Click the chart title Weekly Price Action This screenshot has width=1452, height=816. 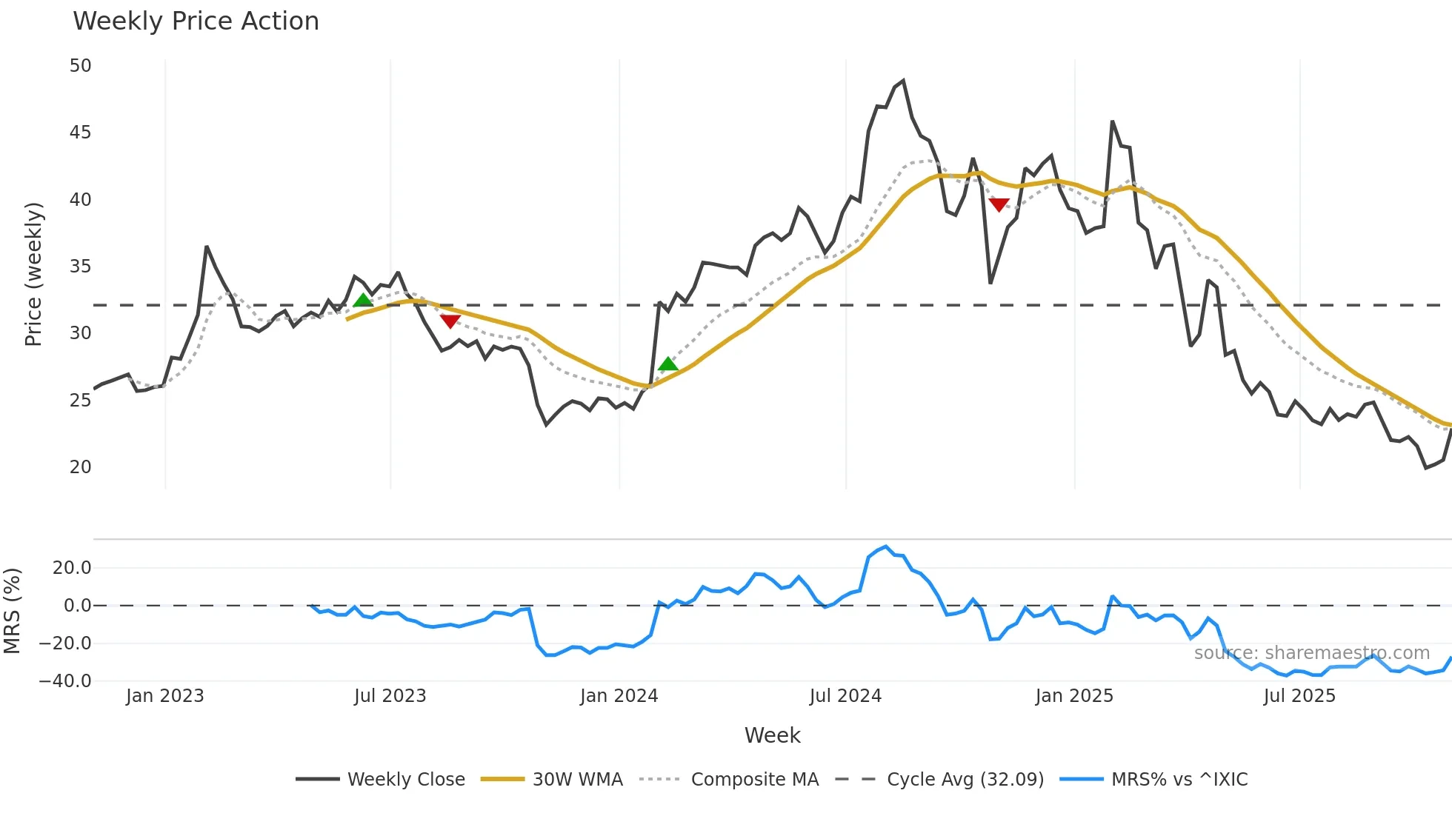tap(196, 21)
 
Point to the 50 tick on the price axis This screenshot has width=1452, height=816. tap(80, 66)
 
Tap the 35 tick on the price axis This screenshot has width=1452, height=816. tap(80, 267)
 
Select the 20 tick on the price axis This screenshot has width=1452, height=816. tap(80, 467)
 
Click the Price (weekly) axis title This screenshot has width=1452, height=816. tap(33, 274)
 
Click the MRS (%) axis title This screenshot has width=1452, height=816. tap(12, 611)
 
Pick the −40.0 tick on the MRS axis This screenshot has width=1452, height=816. tap(64, 681)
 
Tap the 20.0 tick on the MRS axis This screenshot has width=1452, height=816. tap(72, 568)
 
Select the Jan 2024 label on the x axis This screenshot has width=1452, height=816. tap(619, 696)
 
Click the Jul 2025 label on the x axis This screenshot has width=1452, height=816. tap(1299, 696)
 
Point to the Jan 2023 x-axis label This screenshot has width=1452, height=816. tap(164, 696)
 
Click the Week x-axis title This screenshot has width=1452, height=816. tap(772, 735)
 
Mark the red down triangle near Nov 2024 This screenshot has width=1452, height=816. tap(999, 204)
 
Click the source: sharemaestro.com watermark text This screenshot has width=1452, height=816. tap(1311, 653)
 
